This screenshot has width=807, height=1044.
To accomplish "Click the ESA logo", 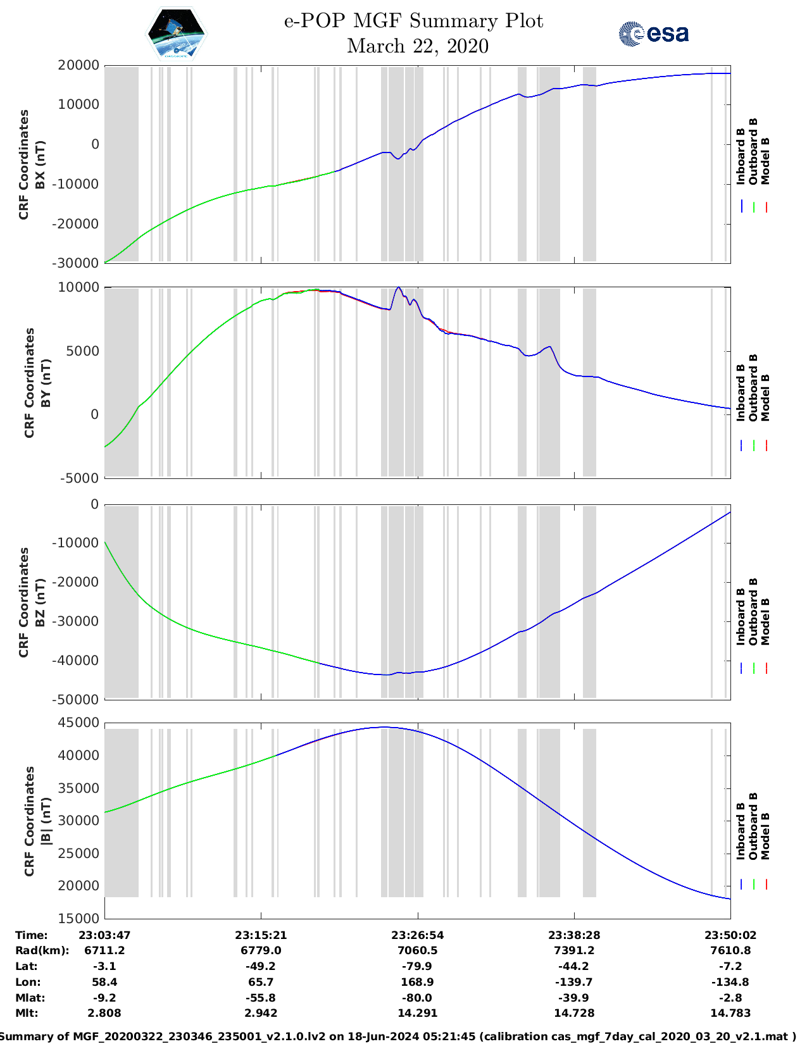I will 653,34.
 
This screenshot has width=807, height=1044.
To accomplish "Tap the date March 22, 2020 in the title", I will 418,46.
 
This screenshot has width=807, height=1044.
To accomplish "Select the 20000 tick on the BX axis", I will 78,65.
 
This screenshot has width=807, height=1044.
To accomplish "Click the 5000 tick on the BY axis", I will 84,351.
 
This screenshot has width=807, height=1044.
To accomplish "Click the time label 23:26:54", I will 417,935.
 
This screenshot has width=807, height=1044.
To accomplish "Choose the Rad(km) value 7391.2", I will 574,950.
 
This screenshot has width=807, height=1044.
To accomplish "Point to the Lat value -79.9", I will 417,966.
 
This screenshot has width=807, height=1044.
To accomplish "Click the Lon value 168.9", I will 417,982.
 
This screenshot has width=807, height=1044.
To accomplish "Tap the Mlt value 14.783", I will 730,1013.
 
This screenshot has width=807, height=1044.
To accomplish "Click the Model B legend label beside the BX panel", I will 765,161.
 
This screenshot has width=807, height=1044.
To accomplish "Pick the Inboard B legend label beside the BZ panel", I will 741,616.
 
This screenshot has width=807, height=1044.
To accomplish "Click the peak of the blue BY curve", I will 398,287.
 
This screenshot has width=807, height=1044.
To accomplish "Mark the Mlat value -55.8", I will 261,998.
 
